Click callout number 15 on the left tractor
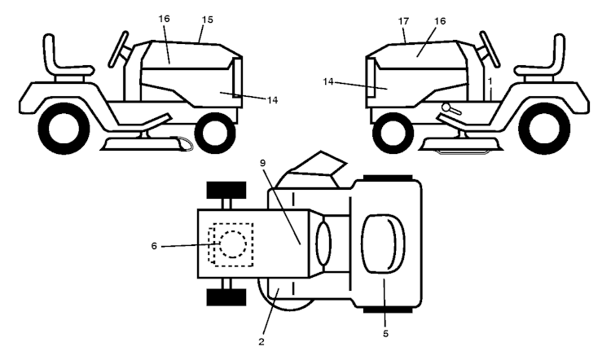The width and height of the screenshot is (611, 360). pos(208,20)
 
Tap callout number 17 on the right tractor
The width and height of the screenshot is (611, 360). pos(404,21)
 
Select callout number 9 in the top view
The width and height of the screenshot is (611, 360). pos(262,163)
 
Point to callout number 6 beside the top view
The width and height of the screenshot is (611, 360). pos(154,246)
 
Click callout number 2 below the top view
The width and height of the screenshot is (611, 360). pos(261,342)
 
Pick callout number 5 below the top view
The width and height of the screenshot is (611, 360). pos(385,333)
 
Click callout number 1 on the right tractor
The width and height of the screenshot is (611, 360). pos(490,81)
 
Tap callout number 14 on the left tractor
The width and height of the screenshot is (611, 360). pos(272,100)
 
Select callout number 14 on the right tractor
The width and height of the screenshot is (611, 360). pos(328,81)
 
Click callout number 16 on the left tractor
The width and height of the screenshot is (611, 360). pos(164,19)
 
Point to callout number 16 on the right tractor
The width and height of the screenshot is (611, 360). pos(440,21)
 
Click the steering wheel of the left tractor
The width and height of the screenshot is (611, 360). pos(118,50)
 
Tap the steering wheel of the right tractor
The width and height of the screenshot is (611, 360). pos(490,50)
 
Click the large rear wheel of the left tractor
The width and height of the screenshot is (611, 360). pos(64,128)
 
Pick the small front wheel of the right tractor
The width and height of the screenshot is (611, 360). pos(393,133)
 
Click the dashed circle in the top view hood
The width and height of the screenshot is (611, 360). pos(233,244)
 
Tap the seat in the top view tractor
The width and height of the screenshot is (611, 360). pos(383,244)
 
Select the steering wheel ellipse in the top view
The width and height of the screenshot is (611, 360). pos(323,243)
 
